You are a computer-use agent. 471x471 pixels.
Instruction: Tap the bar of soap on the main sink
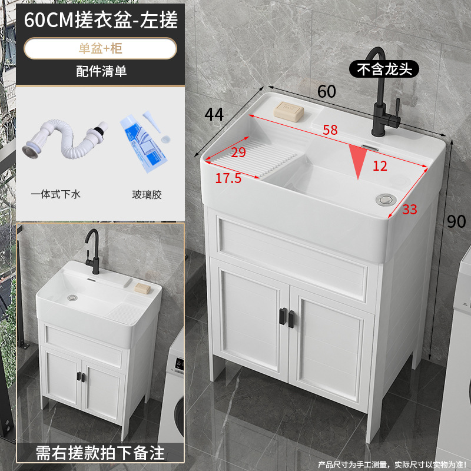coord(290,109)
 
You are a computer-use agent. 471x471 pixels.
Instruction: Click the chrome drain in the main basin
coord(386,198)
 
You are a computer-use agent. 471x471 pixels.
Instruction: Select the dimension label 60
coord(327,91)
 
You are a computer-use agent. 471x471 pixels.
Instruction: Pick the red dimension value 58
coord(330,131)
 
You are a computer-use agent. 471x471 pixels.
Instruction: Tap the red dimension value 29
coord(238,152)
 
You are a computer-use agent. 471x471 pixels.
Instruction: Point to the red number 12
coord(380,166)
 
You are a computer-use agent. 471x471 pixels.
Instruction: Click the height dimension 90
coord(456,221)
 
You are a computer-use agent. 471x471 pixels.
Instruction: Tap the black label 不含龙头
coord(384,69)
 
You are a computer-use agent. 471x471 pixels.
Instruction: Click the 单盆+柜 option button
coord(101,48)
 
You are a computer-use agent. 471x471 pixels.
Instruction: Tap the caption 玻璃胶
coord(147,193)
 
